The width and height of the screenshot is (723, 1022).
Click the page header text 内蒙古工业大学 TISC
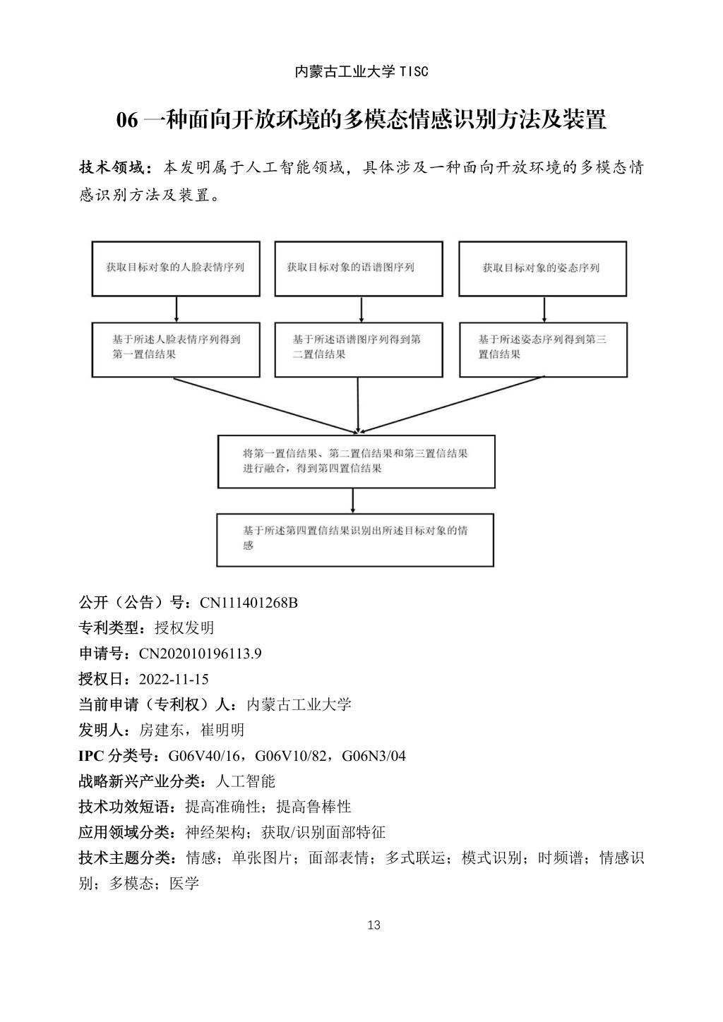pos(361,71)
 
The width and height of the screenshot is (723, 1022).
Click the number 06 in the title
pos(127,120)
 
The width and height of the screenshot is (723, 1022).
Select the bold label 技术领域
pos(112,168)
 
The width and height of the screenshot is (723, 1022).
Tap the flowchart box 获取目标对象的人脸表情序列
pos(176,268)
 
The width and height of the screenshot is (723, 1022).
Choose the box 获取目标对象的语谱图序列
pos(359,268)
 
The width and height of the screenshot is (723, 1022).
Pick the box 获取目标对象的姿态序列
pos(542,268)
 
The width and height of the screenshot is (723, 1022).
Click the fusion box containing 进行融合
pos(356,461)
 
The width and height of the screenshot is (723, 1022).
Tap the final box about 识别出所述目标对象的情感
pos(354,540)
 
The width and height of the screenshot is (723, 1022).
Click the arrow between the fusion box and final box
pos(353,500)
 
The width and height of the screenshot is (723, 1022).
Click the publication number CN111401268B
pos(249,603)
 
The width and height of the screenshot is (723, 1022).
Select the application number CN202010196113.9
pos(201,654)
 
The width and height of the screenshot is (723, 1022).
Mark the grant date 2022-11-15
pos(174,679)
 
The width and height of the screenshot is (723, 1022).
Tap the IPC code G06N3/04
pos(374,756)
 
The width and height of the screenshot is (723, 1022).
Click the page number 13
pos(374,925)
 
